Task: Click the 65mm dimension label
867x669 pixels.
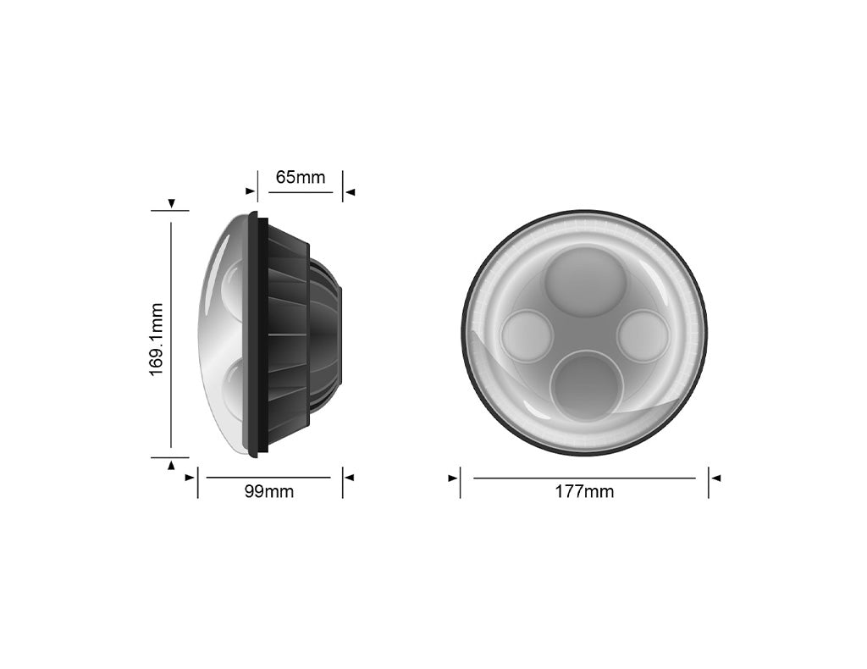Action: [300, 178]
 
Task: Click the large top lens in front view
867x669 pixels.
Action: [585, 282]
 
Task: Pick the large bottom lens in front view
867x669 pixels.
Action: [586, 386]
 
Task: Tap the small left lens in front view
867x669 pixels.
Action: [527, 336]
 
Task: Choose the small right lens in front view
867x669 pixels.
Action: [643, 336]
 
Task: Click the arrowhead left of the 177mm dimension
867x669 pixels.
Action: [453, 478]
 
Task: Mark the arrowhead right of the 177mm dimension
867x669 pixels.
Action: [715, 478]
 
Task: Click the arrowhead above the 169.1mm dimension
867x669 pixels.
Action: [172, 204]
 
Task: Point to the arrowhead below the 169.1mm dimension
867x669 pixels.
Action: [172, 464]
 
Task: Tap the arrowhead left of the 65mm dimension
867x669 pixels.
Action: [250, 192]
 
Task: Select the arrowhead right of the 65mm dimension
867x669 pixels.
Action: [350, 192]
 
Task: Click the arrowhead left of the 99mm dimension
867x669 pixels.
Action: [190, 478]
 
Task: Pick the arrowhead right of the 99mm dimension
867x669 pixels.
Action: [350, 478]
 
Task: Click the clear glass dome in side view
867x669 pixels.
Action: [218, 334]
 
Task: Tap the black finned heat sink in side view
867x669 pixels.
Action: [288, 334]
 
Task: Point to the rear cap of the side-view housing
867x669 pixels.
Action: [330, 334]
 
